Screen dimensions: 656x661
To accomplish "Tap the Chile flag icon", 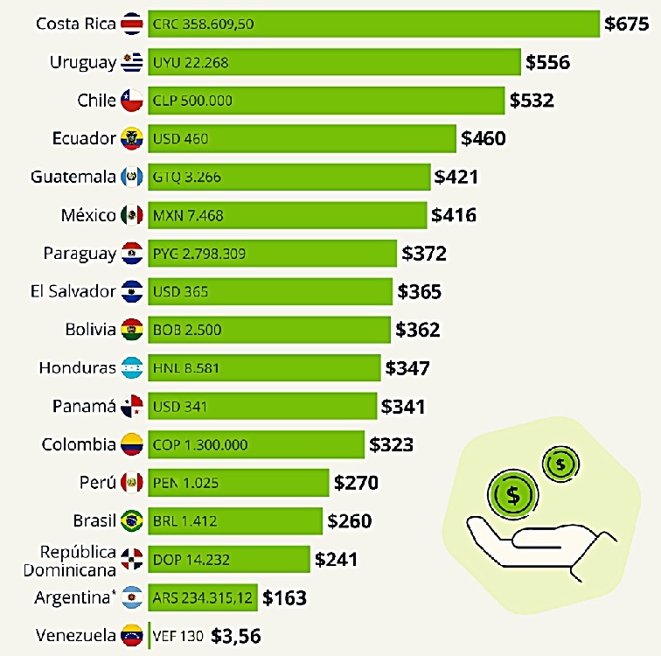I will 131,101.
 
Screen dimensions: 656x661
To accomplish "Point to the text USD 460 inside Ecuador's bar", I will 181,138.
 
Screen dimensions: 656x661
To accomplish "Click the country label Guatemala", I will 73,177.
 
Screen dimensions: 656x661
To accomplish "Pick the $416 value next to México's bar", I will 454,214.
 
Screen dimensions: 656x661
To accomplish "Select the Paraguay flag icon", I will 132,254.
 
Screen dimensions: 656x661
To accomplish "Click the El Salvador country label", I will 73,291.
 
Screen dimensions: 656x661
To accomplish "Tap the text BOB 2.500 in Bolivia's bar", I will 187,330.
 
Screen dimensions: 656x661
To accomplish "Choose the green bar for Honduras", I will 264,368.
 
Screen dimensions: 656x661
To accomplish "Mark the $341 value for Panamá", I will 403,407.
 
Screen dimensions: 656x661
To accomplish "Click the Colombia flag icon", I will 132,444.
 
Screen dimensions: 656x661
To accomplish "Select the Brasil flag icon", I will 132,521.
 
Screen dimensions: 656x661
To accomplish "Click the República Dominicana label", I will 78,561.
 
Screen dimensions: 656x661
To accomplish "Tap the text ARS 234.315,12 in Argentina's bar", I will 203,598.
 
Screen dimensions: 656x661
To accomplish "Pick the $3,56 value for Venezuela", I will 236,636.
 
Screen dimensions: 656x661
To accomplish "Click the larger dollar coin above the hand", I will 512,494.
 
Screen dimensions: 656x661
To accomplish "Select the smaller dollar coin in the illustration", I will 561,464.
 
